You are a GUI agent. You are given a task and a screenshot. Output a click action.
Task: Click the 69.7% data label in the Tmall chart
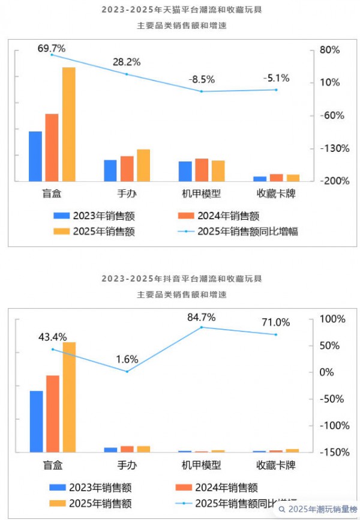coord(52,47)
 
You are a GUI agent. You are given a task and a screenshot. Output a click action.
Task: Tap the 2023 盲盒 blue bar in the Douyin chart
coord(37,421)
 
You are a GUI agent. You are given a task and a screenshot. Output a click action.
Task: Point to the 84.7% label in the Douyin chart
coord(201,317)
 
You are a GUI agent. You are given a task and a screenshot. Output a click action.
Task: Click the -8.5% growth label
coord(201,79)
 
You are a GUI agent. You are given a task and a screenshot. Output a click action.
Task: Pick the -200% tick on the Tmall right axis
coord(328,181)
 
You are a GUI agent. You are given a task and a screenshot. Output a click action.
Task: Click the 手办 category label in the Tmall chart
coord(127,194)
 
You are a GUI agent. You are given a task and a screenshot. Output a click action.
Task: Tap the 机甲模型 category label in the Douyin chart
coord(202,465)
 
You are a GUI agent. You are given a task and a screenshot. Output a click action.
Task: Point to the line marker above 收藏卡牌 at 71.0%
coord(276,334)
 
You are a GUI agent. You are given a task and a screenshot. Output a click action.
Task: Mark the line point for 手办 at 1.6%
coord(127,371)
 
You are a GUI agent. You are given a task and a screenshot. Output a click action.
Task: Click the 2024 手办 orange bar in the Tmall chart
coord(127,168)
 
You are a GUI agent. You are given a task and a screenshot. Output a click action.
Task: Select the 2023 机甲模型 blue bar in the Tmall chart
coord(185,171)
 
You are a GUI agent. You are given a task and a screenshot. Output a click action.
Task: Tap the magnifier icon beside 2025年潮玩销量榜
coord(281,509)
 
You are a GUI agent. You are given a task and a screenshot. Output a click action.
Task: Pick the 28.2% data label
coord(127,62)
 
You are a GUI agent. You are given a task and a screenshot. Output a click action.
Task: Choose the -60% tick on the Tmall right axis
coord(328,115)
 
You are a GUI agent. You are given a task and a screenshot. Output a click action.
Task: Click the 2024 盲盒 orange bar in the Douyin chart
coord(53,413)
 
